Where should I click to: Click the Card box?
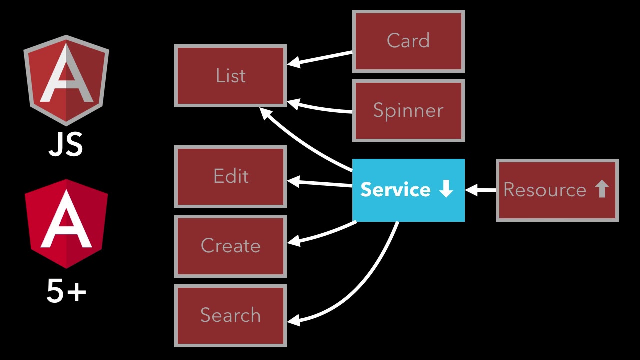coord(408,41)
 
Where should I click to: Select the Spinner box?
coord(408,111)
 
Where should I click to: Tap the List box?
coord(230,76)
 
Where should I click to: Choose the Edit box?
coord(230,176)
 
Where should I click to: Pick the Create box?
coord(230,246)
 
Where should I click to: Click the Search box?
coord(230,315)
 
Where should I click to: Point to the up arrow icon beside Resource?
coord(602,190)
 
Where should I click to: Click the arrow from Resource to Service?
coord(480,190)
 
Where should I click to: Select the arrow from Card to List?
coord(320,58)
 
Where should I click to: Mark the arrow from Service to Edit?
coord(320,183)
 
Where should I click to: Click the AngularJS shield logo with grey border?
coord(66,80)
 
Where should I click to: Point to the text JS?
coord(66,145)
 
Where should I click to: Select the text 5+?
coord(66,291)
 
